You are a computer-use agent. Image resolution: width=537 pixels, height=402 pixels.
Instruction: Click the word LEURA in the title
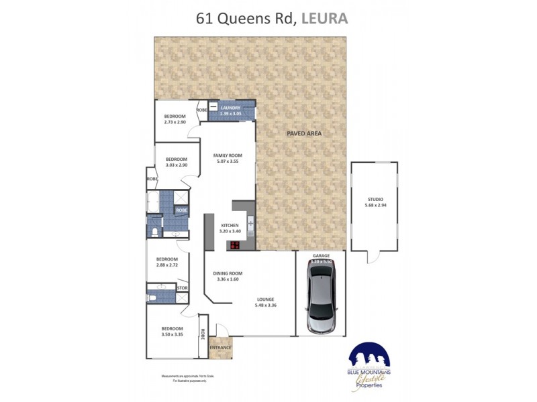point(325,18)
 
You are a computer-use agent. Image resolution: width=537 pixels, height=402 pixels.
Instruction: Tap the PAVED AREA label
point(304,133)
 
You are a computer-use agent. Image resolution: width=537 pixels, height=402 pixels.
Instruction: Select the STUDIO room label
point(375,200)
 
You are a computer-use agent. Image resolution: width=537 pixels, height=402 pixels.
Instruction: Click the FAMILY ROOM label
point(228,155)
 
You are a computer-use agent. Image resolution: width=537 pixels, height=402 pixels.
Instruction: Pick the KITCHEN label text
point(230,226)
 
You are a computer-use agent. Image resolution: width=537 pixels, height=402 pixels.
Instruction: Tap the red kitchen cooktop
point(236,245)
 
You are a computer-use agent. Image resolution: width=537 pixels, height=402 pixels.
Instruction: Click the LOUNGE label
point(265,299)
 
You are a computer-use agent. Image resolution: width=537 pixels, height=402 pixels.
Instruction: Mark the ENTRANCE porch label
point(220,348)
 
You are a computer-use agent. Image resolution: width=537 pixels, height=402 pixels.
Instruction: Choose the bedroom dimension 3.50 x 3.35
point(173,334)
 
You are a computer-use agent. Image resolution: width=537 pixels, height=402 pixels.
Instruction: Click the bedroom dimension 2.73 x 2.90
point(175,122)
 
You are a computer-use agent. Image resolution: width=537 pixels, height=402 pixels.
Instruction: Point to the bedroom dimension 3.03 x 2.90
point(176,165)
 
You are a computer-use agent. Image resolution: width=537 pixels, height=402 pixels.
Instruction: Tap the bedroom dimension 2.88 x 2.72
point(167,265)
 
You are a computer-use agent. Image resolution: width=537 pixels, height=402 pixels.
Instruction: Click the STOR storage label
point(181,288)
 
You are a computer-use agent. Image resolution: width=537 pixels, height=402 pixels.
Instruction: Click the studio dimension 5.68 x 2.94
point(375,206)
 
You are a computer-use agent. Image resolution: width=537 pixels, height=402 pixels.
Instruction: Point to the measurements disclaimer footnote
point(183,379)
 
